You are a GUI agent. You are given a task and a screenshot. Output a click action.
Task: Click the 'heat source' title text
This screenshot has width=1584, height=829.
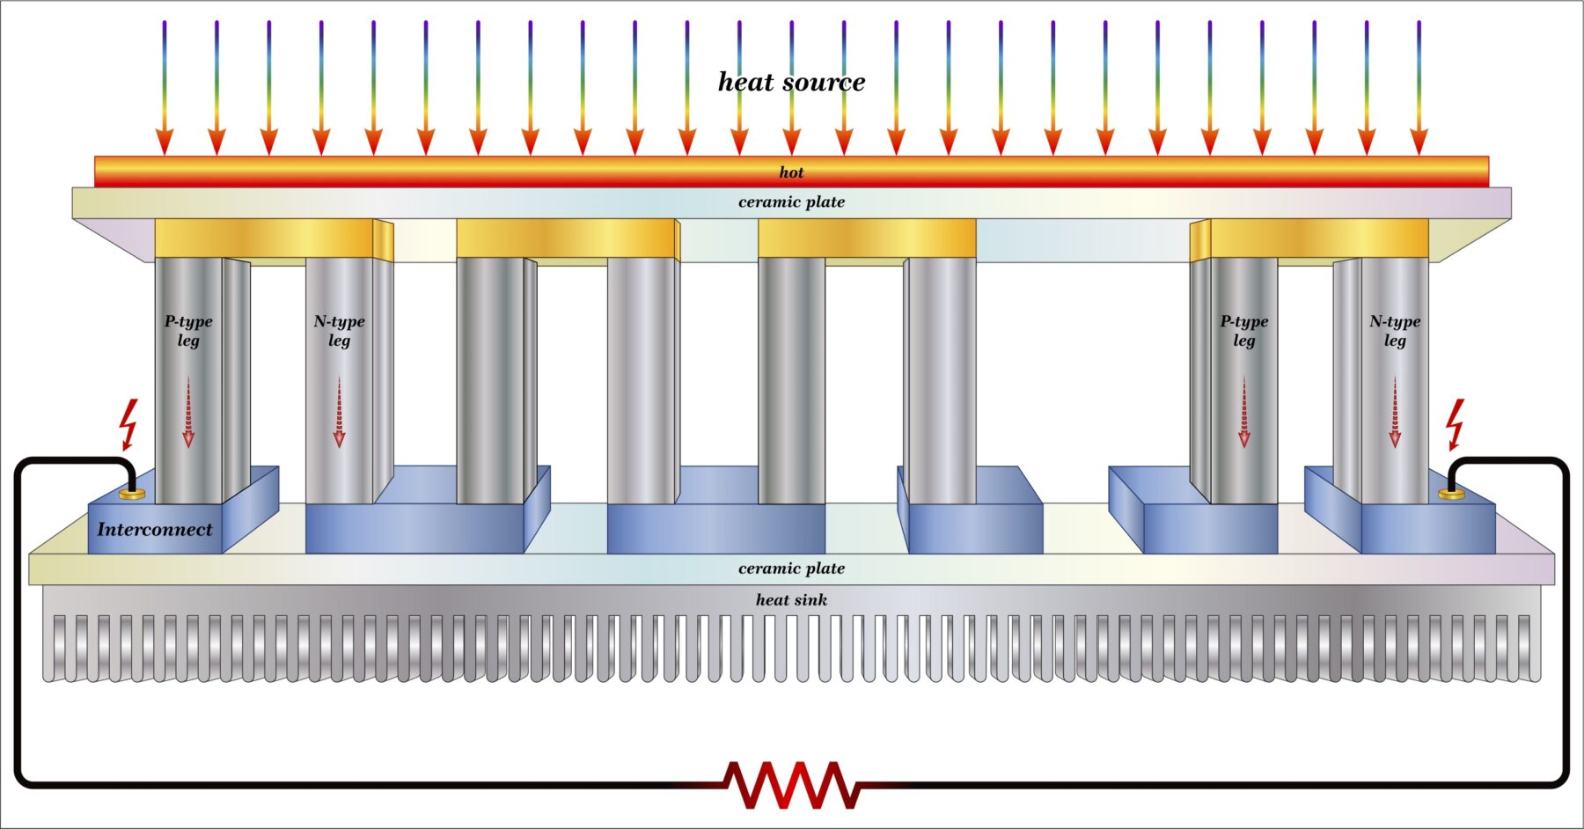click(x=791, y=82)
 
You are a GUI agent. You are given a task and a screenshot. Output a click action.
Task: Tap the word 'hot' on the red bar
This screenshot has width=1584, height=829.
click(x=791, y=172)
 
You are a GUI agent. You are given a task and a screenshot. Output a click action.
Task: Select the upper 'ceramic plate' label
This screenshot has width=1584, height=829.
click(x=791, y=202)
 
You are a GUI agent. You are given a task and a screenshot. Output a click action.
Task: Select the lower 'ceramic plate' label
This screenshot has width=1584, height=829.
click(x=791, y=569)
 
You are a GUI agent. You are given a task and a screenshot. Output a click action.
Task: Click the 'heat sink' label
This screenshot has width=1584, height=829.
click(x=791, y=600)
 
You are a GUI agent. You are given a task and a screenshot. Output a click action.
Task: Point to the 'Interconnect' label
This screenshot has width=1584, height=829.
click(x=155, y=529)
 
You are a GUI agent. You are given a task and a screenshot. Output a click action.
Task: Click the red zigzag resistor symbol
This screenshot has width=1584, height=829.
click(x=791, y=784)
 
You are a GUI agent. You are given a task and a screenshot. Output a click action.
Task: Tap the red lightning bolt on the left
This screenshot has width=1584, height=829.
click(x=129, y=423)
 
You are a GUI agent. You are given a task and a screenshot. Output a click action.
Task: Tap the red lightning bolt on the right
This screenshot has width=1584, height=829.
click(x=1456, y=423)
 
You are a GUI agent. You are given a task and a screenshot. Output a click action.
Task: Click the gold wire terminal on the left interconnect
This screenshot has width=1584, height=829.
click(x=132, y=495)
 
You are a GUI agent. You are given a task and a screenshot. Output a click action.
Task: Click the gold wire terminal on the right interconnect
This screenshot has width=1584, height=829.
click(x=1451, y=495)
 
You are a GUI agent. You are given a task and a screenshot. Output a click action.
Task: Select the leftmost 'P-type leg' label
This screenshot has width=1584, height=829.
click(x=188, y=331)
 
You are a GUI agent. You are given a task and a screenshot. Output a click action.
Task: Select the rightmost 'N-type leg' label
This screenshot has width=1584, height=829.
click(x=1395, y=331)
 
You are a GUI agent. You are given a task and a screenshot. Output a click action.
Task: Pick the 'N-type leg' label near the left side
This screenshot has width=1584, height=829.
click(x=339, y=331)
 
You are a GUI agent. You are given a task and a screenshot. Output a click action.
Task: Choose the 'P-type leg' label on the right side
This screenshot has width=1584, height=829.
click(x=1243, y=331)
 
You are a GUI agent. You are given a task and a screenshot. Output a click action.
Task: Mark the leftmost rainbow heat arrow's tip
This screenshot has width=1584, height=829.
click(x=165, y=150)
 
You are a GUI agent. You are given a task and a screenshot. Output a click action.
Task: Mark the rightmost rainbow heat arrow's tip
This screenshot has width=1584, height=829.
click(x=1419, y=150)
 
